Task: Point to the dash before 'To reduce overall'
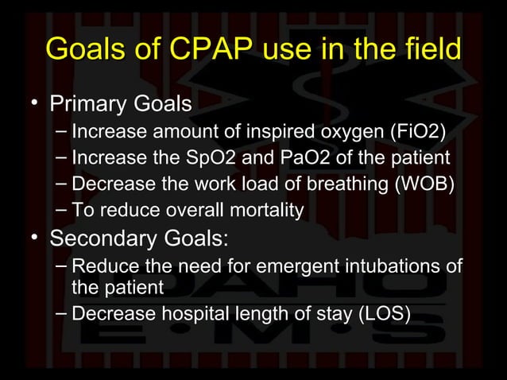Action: point(62,210)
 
